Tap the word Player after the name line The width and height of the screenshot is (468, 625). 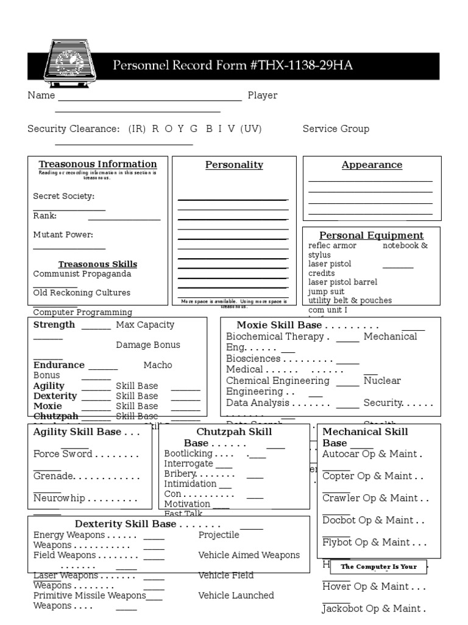coord(262,95)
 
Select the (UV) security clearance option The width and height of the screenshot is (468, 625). coord(252,129)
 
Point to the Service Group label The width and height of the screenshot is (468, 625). coord(336,129)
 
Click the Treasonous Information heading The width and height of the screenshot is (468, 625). coord(97,164)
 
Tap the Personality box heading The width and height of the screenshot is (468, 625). coord(234,165)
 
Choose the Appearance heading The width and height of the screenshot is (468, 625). coord(372,165)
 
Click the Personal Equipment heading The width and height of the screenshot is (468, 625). coord(372,236)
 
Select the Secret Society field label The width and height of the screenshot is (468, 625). coord(64,196)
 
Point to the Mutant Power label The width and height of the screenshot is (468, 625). coord(63,234)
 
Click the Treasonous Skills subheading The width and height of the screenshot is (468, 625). coord(97,264)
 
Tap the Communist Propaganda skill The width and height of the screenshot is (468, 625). coord(82,274)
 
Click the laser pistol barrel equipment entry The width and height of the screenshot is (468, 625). coord(342,282)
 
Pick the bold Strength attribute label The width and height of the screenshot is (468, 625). coord(54,325)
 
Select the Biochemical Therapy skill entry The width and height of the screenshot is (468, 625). coord(275,336)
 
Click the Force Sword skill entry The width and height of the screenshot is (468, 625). coord(63,454)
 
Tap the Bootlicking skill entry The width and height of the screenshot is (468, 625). coord(188,453)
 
